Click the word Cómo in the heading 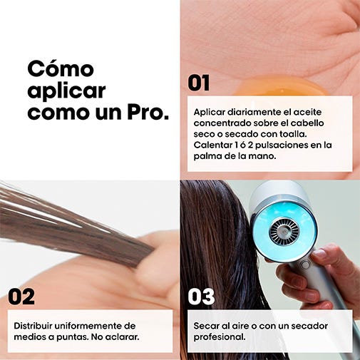point(61,69)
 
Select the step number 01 point(199,83)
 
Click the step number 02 point(21,297)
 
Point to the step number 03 point(201,297)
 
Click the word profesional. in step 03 point(220,337)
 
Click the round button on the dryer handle point(306,264)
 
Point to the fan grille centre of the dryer point(284,231)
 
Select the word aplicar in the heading point(66,91)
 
